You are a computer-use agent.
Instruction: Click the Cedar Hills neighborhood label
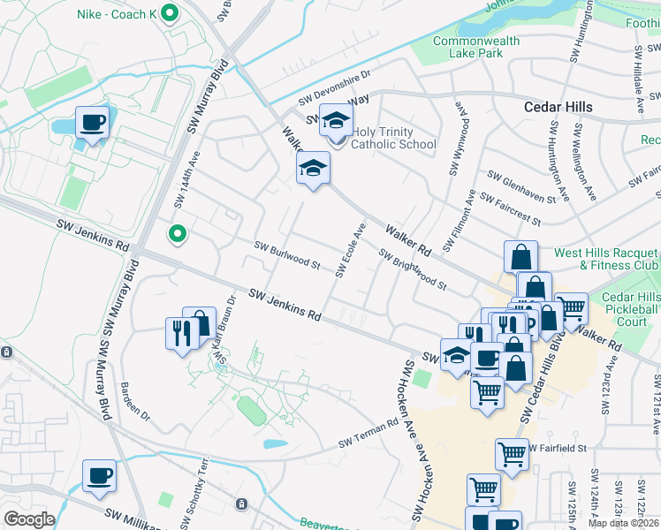click(558, 107)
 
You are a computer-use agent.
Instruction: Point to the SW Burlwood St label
click(287, 255)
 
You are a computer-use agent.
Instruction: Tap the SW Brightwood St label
click(413, 269)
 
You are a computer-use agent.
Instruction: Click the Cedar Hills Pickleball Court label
click(633, 309)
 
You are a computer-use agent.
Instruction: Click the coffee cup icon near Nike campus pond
click(92, 123)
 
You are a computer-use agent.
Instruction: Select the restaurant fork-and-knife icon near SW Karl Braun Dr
click(179, 333)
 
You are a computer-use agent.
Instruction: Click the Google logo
click(29, 519)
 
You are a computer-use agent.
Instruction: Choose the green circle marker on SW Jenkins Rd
click(178, 234)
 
